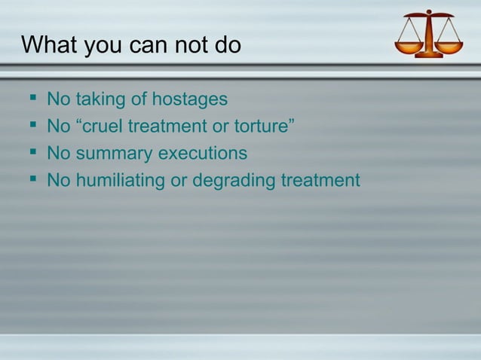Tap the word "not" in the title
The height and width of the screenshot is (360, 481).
point(182,45)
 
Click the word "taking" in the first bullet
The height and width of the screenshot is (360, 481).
point(102,99)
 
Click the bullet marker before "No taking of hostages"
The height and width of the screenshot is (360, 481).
point(31,99)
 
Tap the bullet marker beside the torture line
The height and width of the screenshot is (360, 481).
point(31,126)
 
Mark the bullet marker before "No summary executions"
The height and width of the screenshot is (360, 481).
point(31,153)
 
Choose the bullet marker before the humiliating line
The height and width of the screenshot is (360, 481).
point(31,180)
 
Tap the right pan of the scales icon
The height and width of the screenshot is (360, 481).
point(449,47)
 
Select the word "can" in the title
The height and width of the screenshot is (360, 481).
point(142,45)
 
